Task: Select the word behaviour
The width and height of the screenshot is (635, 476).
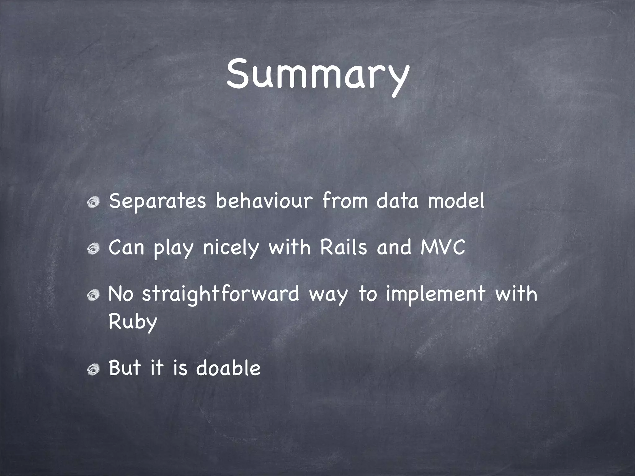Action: tap(264, 201)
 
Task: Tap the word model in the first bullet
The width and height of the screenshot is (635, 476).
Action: tap(456, 201)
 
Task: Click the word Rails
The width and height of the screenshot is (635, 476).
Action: tap(343, 247)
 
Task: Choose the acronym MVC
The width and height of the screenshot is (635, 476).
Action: tap(443, 247)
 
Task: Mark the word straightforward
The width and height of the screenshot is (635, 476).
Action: tap(220, 294)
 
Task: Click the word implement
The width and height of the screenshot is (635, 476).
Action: tap(435, 294)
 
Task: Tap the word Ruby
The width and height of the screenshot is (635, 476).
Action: tap(133, 322)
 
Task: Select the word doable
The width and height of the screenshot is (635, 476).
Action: tap(228, 368)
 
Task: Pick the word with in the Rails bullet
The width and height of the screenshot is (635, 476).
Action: tap(290, 247)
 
